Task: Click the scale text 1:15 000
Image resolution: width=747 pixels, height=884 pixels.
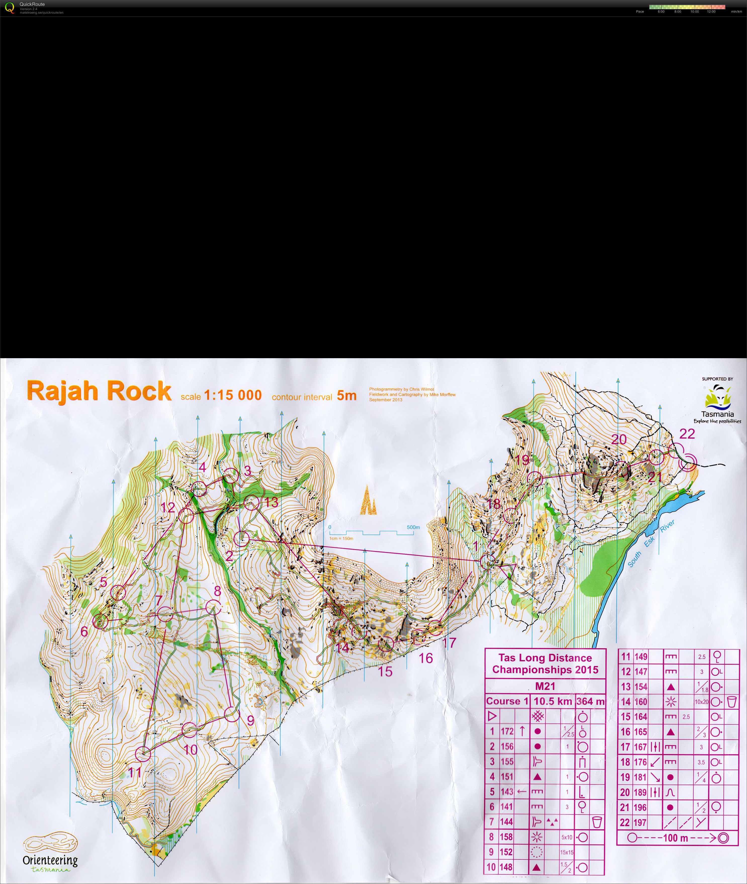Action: click(x=233, y=395)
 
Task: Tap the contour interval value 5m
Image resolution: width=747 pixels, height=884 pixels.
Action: click(x=346, y=395)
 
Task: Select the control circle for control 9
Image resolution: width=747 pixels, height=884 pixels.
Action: click(x=232, y=714)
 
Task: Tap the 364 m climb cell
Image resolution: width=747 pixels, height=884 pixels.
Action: click(x=590, y=701)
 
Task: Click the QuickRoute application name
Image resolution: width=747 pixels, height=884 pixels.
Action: click(x=32, y=4)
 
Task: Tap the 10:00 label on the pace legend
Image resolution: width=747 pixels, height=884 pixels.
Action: click(x=694, y=11)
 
